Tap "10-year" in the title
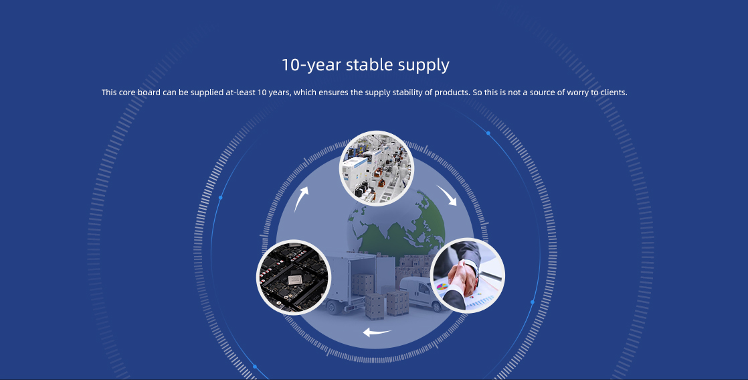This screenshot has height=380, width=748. pos(311,65)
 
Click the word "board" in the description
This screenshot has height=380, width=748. pos(149,92)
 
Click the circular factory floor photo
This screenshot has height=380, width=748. pos(376,168)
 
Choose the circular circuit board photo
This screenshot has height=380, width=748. pos(294,277)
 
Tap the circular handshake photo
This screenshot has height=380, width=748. pos(467,276)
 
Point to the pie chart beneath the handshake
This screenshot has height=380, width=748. pos(442,288)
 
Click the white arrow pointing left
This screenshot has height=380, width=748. pos(377,332)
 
